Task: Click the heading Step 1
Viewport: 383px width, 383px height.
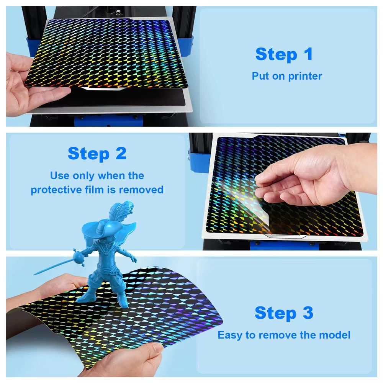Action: [x=284, y=54]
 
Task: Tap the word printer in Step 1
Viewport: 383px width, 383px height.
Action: [x=305, y=77]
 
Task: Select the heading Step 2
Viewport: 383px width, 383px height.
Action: [x=97, y=154]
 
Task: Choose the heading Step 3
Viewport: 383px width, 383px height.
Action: [x=284, y=313]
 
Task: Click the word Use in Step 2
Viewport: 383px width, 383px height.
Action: [x=60, y=176]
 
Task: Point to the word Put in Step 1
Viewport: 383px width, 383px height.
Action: [x=260, y=76]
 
